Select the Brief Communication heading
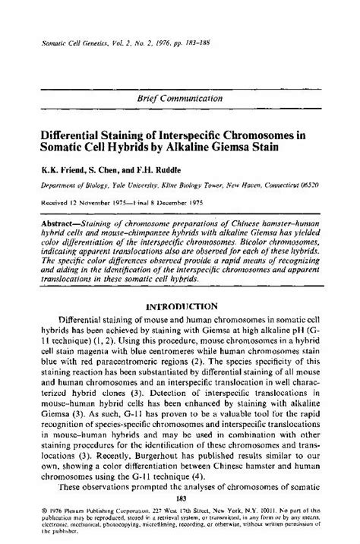point(179,99)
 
